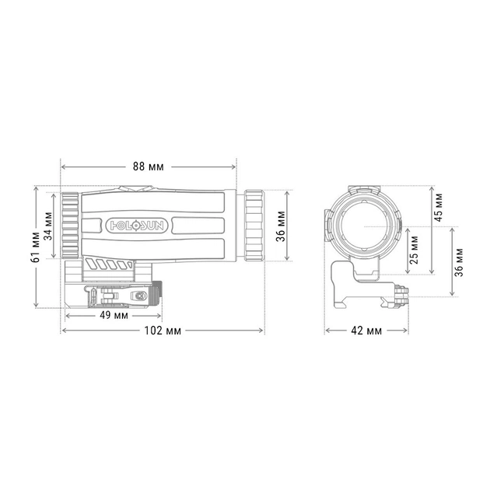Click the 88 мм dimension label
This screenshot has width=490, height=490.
[149, 166]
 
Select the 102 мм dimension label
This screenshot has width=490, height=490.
[163, 331]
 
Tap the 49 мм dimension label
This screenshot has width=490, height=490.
[114, 315]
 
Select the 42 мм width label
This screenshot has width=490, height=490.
[366, 331]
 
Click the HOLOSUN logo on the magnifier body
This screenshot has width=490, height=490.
[136, 226]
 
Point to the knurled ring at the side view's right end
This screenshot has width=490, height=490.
[254, 224]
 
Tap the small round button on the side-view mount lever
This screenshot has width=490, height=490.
[139, 296]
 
